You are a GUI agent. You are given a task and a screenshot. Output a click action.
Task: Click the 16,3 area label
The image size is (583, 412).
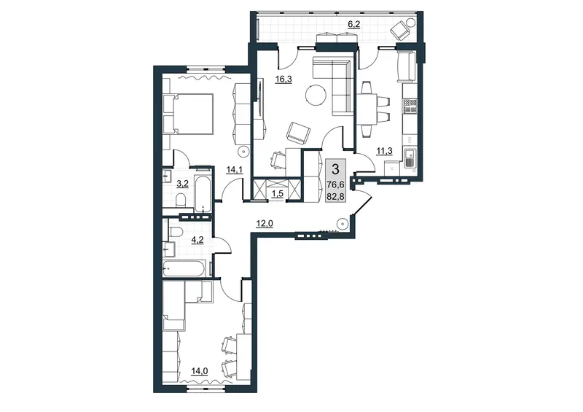pos(283,79)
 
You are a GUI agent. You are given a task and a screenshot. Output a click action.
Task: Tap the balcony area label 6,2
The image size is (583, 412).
pos(353,24)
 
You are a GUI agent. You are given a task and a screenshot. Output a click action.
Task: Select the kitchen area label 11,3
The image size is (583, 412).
pos(385,150)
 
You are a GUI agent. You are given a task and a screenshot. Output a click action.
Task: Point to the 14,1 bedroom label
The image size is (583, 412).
pos(234,170)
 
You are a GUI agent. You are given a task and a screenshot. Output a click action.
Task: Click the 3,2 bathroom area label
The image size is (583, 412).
pos(183,184)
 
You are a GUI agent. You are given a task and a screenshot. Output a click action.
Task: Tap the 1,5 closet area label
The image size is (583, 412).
pos(278,194)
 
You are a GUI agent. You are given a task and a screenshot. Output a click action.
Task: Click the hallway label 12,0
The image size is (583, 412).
pos(265,223)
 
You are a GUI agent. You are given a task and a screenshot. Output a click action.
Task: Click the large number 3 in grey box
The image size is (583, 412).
pos(335,170)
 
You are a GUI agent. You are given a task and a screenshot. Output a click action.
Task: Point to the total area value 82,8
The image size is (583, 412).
pos(335,195)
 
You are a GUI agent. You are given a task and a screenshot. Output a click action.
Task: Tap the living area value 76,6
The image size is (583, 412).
pos(335,184)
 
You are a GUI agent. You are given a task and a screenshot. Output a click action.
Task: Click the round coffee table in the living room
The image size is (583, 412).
pos(316,95)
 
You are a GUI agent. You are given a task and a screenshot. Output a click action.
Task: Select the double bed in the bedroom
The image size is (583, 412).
pos(188,114)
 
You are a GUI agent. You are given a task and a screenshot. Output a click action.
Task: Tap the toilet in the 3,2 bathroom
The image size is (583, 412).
pos(181,200)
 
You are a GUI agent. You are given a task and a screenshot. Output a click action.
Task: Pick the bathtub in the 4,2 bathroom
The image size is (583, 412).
pos(184,268)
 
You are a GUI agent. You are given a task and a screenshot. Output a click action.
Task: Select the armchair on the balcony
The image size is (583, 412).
pos(399,30)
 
